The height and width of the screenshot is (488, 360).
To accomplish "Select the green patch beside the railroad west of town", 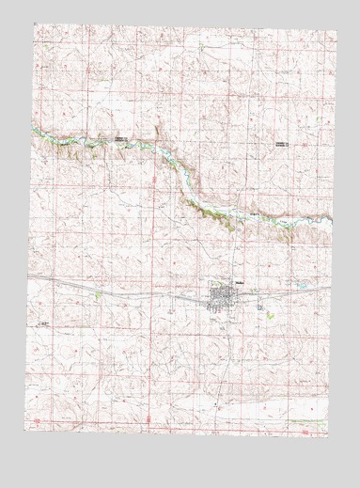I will (x=97, y=295).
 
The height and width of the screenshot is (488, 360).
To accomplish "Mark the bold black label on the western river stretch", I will (x=122, y=139).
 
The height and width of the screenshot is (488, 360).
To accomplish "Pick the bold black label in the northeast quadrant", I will (x=282, y=142).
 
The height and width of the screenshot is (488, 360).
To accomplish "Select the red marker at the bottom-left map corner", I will (x=33, y=420).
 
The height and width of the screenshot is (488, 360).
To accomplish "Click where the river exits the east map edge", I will (x=332, y=220).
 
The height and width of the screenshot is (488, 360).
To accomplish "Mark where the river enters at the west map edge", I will (x=31, y=128).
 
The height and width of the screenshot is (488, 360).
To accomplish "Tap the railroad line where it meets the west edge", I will (x=30, y=279).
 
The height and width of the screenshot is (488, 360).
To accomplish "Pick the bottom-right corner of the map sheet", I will (x=332, y=448).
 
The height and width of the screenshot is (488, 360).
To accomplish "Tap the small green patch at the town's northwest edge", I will (x=212, y=288).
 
